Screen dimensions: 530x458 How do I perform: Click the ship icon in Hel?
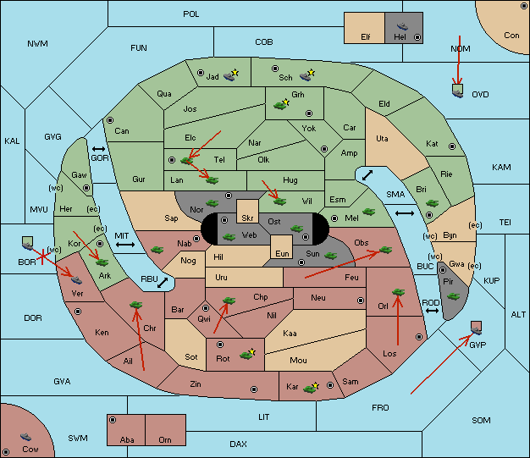coord(402,26)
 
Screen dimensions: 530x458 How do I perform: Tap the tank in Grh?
coord(281,105)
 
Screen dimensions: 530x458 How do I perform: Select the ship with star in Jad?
coord(231,75)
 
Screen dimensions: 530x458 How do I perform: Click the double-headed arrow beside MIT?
coord(125,245)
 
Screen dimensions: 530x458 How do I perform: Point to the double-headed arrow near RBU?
coord(163,283)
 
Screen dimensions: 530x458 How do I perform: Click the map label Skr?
coord(247,218)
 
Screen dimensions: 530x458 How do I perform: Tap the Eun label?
coord(282,253)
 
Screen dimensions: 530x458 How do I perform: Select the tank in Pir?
coord(453,296)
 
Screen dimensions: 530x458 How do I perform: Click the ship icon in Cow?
coord(25,437)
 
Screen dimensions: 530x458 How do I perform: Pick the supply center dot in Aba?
coord(113,420)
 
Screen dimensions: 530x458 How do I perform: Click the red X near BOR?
coord(42,257)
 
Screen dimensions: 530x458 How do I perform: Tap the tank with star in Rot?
coord(247,355)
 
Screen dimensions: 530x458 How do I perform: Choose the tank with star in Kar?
coord(311,388)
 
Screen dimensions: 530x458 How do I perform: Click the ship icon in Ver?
coord(76,280)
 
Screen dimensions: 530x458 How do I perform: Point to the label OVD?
coord(480,95)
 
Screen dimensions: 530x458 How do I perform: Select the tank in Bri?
coord(432,203)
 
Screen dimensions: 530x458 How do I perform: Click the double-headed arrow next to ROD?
coord(432,311)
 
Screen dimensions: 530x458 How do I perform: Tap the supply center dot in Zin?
coord(254,389)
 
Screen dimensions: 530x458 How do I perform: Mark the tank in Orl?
coord(398,292)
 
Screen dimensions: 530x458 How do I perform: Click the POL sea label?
coord(191,14)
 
